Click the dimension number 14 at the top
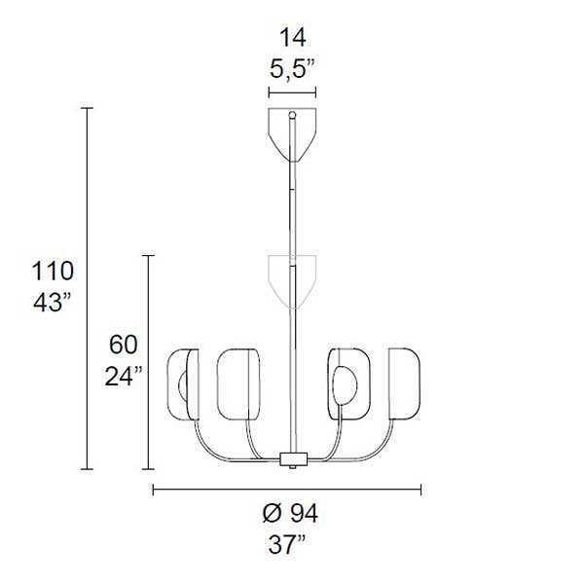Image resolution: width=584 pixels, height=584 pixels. click(293, 38)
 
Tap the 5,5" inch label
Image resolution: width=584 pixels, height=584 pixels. click(292, 69)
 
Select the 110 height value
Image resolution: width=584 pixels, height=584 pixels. click(53, 272)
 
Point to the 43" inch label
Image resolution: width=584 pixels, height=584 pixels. click(52, 302)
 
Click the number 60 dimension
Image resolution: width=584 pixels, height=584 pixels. click(124, 345)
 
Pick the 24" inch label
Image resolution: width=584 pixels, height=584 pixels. click(124, 376)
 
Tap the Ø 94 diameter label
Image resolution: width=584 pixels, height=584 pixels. click(290, 514)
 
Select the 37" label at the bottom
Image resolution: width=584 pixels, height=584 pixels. click(287, 545)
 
